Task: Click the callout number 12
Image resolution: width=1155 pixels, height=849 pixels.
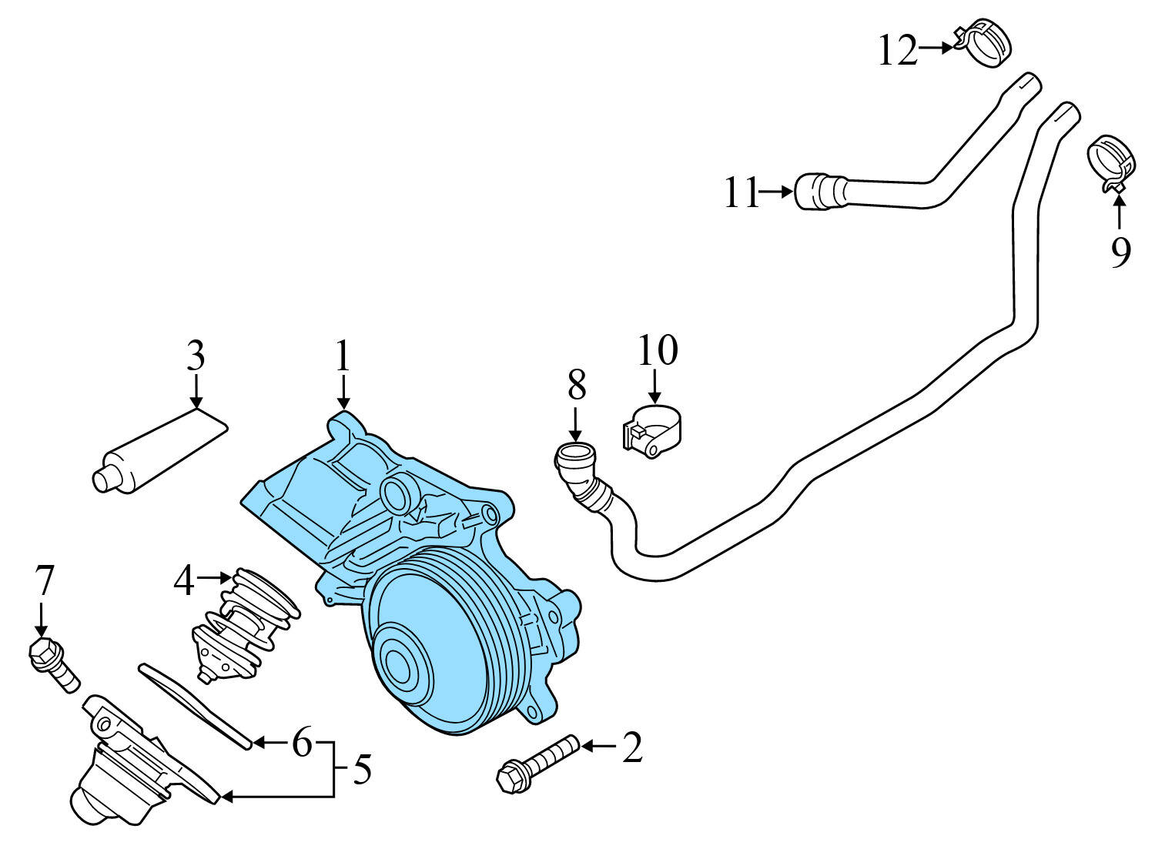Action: pos(898,51)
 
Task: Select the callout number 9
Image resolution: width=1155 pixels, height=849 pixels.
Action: pos(1120,251)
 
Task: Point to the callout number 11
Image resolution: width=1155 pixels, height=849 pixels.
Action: pos(742,192)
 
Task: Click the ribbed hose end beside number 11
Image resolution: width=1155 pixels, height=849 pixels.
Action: pos(819,191)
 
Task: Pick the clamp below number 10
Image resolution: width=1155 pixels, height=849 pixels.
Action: pos(652,433)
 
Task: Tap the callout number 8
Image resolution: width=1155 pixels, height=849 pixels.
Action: pos(577,384)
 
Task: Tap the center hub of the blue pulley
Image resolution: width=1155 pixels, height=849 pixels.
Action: pos(398,660)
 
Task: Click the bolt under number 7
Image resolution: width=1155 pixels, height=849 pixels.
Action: pos(53,664)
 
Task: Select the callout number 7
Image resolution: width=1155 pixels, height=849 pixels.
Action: pos(45,581)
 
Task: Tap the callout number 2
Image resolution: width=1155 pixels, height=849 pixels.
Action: pos(632,747)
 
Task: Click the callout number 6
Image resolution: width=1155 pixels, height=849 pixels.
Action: pos(301,743)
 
